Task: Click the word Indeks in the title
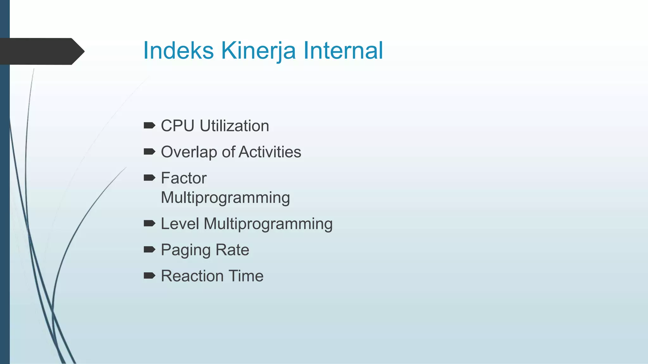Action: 178,51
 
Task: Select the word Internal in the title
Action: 343,51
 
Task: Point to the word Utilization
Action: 234,126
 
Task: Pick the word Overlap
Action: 189,152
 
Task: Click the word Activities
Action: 270,152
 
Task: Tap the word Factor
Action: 184,178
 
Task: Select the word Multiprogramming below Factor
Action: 225,198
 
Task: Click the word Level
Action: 180,224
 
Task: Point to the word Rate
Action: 232,250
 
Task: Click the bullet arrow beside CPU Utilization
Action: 149,126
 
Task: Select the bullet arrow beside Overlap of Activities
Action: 149,152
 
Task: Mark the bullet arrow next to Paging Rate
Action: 149,250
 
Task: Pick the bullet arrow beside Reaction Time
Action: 149,276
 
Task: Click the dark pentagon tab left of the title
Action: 41,51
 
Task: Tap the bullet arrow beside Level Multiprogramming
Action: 149,224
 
